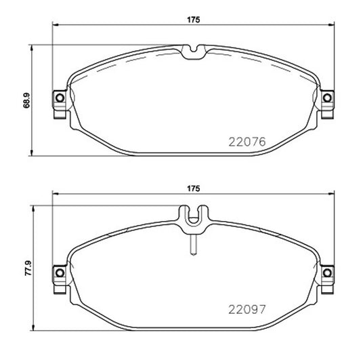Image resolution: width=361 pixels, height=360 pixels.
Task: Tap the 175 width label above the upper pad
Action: (194, 20)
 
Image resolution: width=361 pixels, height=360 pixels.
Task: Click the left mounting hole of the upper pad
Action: (59, 99)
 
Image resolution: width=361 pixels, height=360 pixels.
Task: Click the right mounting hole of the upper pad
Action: (328, 99)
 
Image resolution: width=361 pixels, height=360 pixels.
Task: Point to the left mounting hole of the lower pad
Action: (59, 274)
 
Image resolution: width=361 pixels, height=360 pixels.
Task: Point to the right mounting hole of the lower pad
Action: (328, 274)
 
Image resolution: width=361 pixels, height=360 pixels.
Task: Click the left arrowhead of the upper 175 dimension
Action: (56, 26)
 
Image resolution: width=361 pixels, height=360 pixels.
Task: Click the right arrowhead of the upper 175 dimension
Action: (332, 26)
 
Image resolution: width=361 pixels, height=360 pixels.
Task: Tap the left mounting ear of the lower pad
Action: (58, 274)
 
